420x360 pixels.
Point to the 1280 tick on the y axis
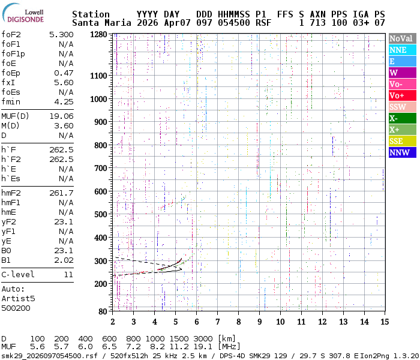(x=98, y=34)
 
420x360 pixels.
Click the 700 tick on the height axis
(x=100, y=168)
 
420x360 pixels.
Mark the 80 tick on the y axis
(x=102, y=311)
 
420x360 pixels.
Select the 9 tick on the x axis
(x=260, y=322)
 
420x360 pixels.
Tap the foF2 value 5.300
(x=61, y=34)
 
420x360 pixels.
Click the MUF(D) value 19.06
(x=61, y=116)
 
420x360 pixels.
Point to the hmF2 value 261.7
(x=61, y=193)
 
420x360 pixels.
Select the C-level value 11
(x=68, y=274)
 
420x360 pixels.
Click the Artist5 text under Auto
(x=18, y=298)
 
